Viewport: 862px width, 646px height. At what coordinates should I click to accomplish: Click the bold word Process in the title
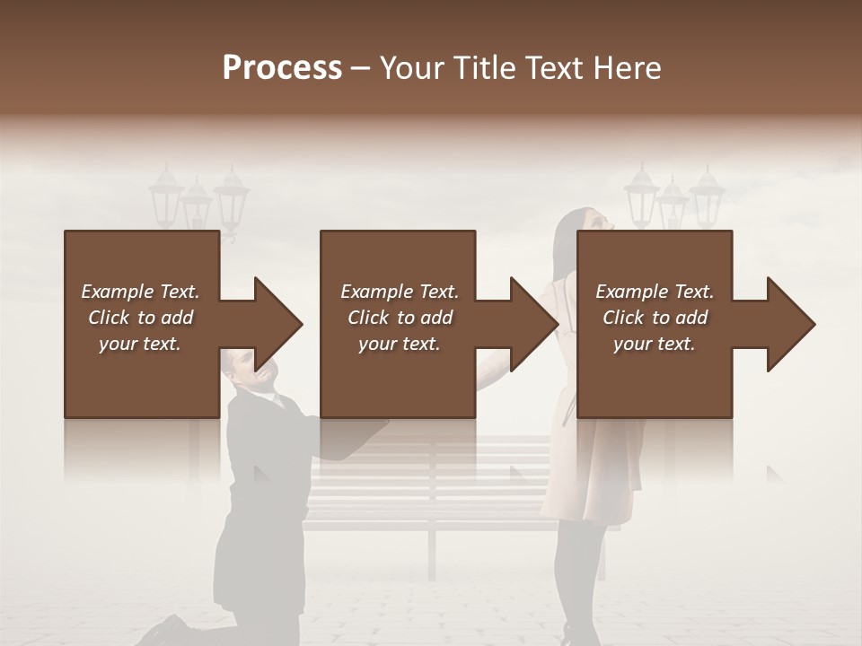click(x=282, y=68)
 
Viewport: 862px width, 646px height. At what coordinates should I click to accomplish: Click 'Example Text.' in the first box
click(x=140, y=292)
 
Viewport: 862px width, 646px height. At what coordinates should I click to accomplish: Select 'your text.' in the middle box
click(x=399, y=344)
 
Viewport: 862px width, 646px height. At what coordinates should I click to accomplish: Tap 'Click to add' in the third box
click(x=655, y=318)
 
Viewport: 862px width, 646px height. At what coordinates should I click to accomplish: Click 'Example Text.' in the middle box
click(x=399, y=292)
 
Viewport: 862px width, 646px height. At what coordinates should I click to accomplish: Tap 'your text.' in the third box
click(x=655, y=344)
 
